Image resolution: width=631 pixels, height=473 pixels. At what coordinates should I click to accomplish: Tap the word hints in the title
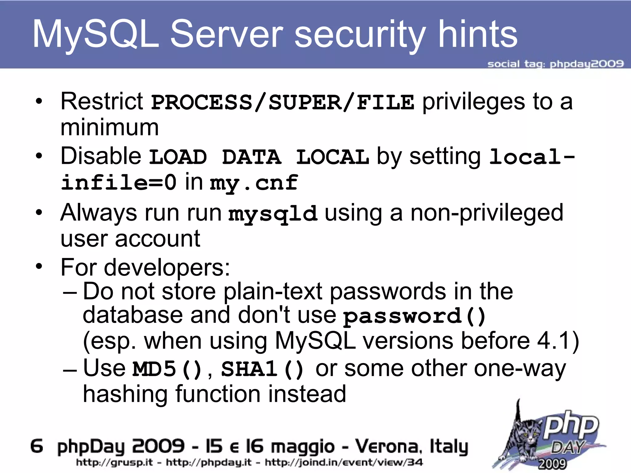(x=478, y=34)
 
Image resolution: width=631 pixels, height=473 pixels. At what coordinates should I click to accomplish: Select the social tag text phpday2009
(x=587, y=64)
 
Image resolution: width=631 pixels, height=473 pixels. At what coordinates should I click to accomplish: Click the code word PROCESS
(x=202, y=102)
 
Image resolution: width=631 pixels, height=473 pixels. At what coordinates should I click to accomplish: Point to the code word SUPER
(x=305, y=102)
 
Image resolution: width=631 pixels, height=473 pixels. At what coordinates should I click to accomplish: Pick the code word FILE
(x=385, y=102)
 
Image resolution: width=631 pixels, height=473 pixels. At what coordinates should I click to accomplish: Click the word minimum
(x=110, y=127)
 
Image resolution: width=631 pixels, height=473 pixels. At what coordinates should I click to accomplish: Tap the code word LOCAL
(x=332, y=157)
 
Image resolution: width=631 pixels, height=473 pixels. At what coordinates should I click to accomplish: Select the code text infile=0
(x=119, y=182)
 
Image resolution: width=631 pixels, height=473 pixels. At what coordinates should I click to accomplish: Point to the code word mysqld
(x=273, y=213)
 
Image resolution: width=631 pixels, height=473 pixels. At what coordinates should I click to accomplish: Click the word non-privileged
(x=487, y=213)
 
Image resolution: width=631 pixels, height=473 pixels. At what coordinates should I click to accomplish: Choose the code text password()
(x=414, y=316)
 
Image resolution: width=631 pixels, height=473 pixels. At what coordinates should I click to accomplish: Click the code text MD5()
(x=167, y=369)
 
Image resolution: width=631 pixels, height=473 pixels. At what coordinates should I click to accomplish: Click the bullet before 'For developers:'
(x=39, y=266)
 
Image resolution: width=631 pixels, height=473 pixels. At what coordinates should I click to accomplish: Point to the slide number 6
(x=37, y=446)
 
